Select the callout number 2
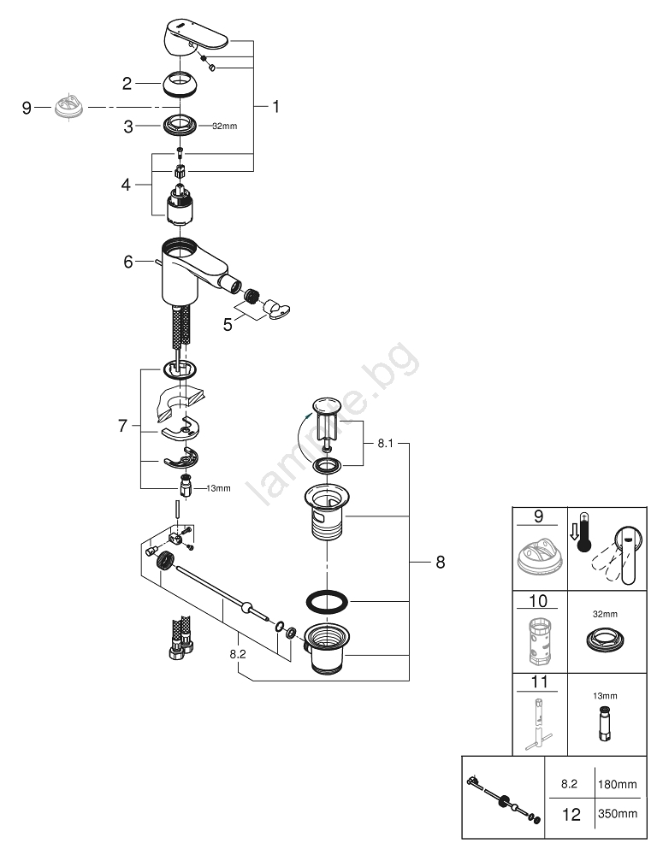pos(127,83)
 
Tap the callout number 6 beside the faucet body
pos(128,262)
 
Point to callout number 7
pos(121,425)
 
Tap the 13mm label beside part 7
pos(218,488)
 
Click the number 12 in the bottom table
pos(568,815)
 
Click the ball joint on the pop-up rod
pos(248,608)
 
